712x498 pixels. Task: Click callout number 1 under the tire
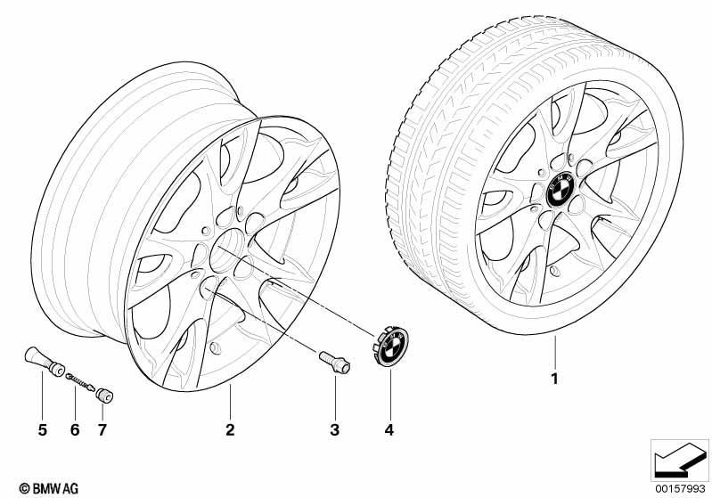coord(554,379)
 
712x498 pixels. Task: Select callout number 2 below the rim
coord(230,429)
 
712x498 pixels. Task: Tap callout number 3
coord(335,429)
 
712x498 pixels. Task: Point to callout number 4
coord(389,429)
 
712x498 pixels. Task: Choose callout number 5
coord(42,429)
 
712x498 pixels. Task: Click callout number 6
coord(75,429)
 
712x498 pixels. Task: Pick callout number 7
coord(102,429)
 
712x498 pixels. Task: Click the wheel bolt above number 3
coord(335,363)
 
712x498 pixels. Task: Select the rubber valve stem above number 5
coord(44,361)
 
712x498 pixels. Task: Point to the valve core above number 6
coord(80,382)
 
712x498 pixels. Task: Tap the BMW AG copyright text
coord(49,488)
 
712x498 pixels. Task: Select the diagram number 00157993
coord(681,488)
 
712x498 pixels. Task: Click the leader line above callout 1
coord(554,352)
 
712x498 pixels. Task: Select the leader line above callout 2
coord(230,402)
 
